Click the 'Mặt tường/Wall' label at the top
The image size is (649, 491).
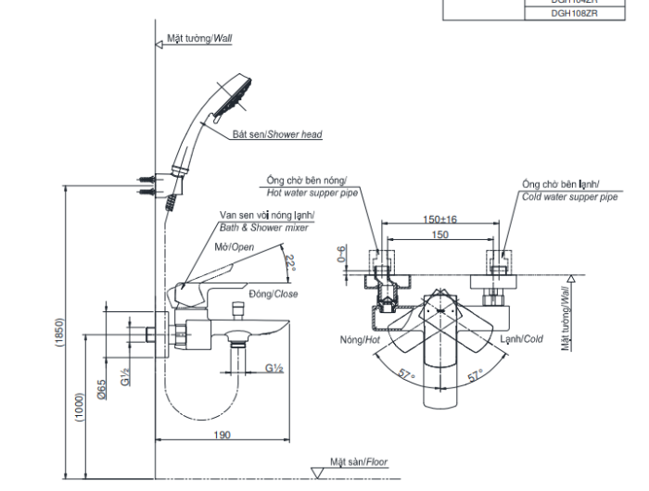[x=198, y=39]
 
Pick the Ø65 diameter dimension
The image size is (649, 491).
[x=102, y=386]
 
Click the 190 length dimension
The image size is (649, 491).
[x=221, y=435]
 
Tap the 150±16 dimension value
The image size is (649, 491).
[x=440, y=220]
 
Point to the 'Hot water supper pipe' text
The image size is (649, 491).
[x=313, y=194]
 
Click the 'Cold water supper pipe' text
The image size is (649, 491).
[x=569, y=196]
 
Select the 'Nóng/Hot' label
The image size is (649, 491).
[x=361, y=340]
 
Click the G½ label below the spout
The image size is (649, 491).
[x=274, y=368]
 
